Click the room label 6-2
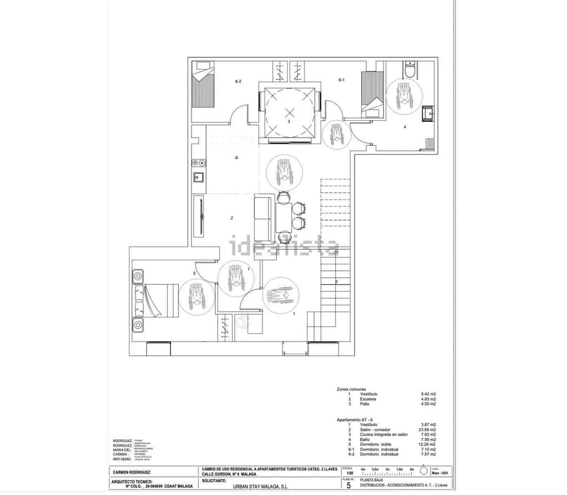238,81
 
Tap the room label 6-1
341,80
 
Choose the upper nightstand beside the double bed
138,276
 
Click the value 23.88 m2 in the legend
428,429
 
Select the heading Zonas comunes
351,389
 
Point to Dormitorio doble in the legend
378,444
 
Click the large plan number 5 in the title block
349,485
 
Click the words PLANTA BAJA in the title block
371,480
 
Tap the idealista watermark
284,246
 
